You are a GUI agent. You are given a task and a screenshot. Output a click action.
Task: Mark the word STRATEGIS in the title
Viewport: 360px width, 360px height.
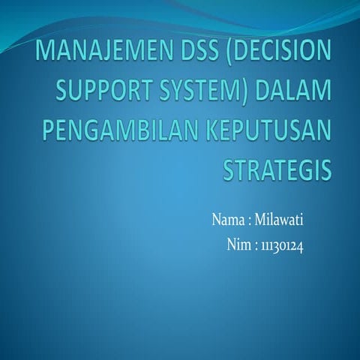(277, 169)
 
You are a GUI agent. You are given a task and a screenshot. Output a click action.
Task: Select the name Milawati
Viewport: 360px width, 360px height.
(278, 220)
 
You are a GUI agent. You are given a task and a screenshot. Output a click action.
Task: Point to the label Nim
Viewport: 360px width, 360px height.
(238, 244)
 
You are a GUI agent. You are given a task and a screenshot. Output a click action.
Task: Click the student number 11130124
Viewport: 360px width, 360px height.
(282, 244)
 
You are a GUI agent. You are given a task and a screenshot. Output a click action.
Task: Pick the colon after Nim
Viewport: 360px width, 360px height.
(256, 246)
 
